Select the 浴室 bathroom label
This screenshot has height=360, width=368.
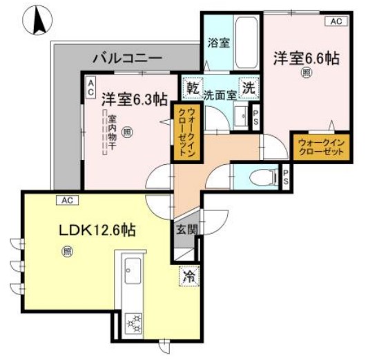point(219,42)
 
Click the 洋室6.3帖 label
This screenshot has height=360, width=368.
point(135,99)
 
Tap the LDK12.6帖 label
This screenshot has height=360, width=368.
point(97,231)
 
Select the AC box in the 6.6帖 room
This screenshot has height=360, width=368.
point(336,21)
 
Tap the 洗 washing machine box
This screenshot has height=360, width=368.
point(250,88)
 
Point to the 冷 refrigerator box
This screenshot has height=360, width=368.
point(188,275)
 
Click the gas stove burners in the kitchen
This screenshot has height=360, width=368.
point(133,321)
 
